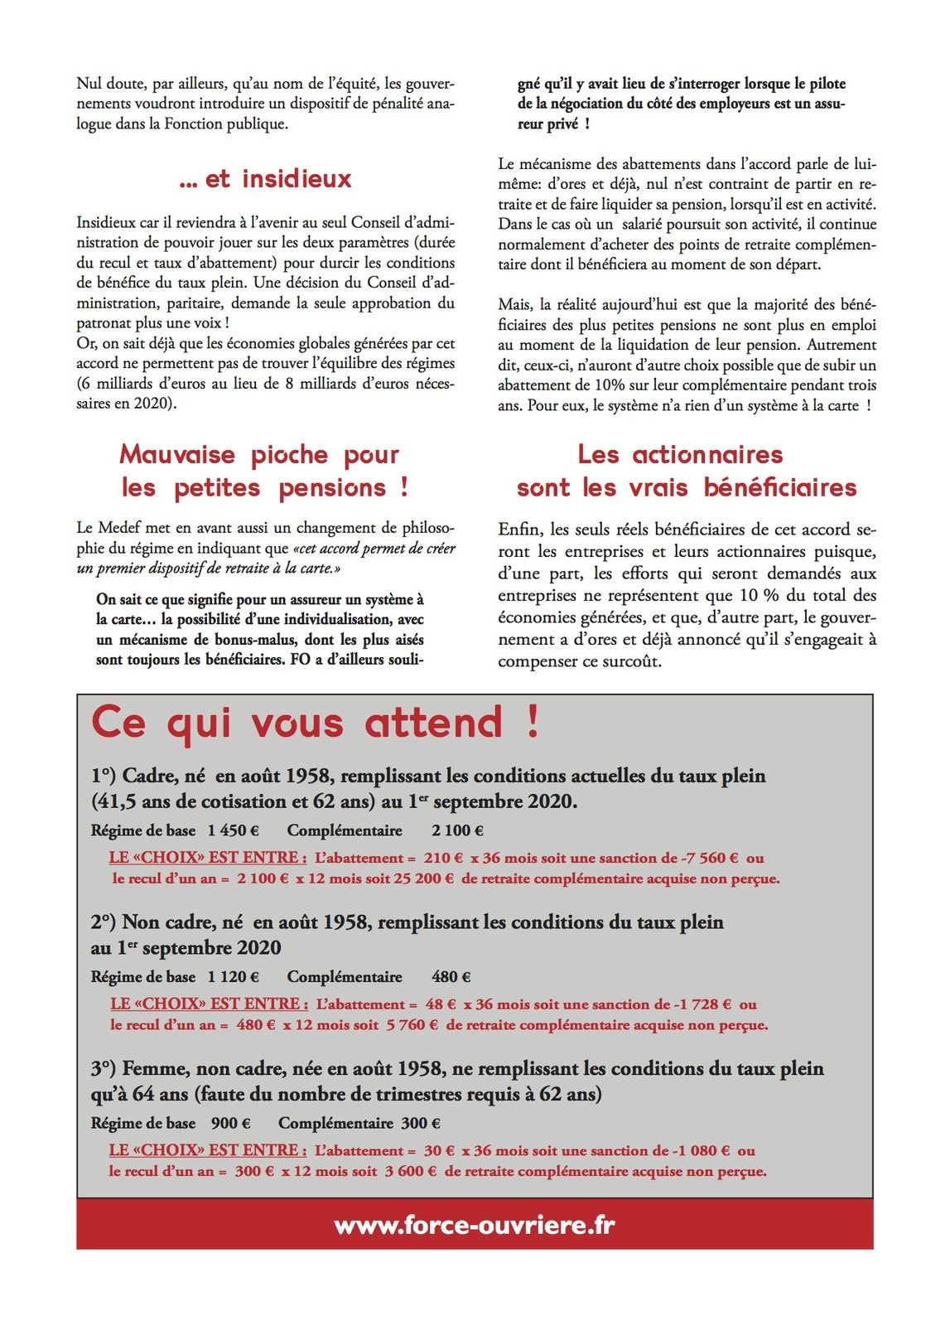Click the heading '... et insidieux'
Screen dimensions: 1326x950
click(265, 179)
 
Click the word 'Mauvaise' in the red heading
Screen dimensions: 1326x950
click(178, 454)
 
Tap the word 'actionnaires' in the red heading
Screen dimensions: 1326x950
click(707, 454)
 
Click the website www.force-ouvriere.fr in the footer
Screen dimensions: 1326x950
click(475, 1225)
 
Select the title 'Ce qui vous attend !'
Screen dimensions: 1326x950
click(315, 722)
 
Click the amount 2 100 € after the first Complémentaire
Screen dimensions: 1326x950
click(457, 830)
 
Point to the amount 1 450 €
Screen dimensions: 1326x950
click(233, 830)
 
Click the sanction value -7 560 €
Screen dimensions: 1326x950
click(707, 858)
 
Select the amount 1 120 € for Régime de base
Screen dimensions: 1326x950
click(233, 977)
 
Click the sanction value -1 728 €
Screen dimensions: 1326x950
click(703, 1004)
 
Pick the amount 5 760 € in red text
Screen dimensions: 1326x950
click(412, 1025)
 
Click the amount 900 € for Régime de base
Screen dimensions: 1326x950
click(230, 1123)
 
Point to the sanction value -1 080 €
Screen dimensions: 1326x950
click(702, 1150)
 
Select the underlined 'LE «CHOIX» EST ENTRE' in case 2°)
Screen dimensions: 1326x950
click(209, 1004)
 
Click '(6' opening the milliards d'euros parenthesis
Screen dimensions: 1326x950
click(83, 384)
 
